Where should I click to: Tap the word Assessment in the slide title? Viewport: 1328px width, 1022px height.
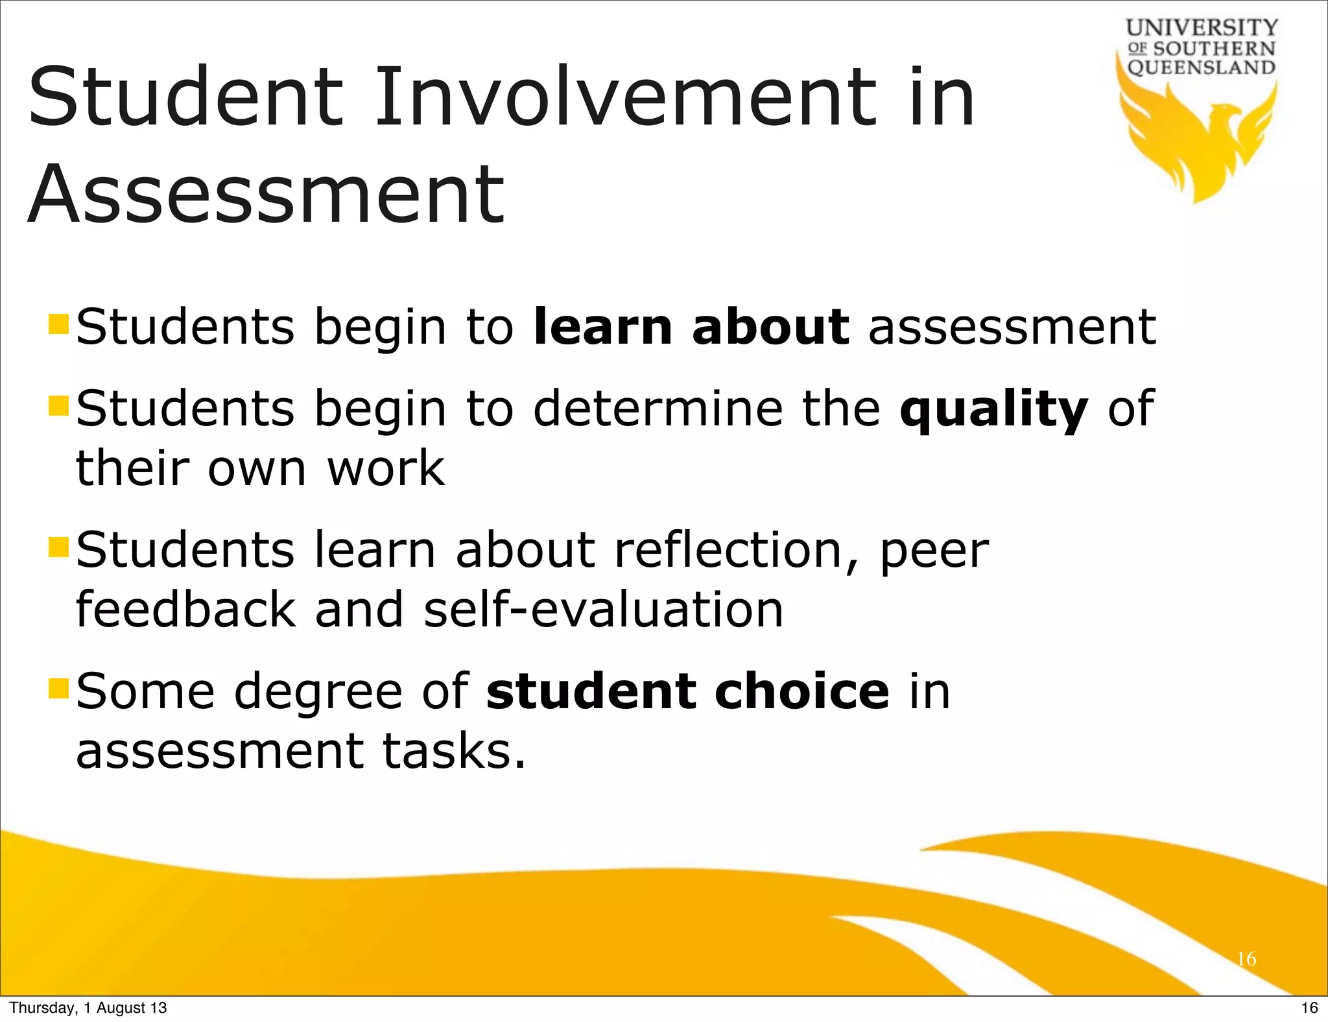pyautogui.click(x=266, y=195)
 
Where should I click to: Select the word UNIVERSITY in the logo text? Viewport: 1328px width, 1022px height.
pyautogui.click(x=1202, y=28)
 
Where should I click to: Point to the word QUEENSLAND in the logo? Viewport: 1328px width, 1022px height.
pyautogui.click(x=1202, y=67)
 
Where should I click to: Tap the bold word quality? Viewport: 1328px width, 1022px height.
pyautogui.click(x=993, y=410)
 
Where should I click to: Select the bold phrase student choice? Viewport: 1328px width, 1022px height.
pyautogui.click(x=687, y=691)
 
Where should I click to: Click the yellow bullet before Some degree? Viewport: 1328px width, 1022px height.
pyautogui.click(x=58, y=688)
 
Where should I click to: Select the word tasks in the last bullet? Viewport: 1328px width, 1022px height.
pyautogui.click(x=453, y=751)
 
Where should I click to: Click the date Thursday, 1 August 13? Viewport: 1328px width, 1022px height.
pyautogui.click(x=88, y=1008)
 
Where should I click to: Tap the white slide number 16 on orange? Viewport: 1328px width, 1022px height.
pyautogui.click(x=1246, y=959)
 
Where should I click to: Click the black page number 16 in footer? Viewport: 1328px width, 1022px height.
pyautogui.click(x=1309, y=1008)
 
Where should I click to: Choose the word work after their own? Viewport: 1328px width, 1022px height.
pyautogui.click(x=385, y=468)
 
